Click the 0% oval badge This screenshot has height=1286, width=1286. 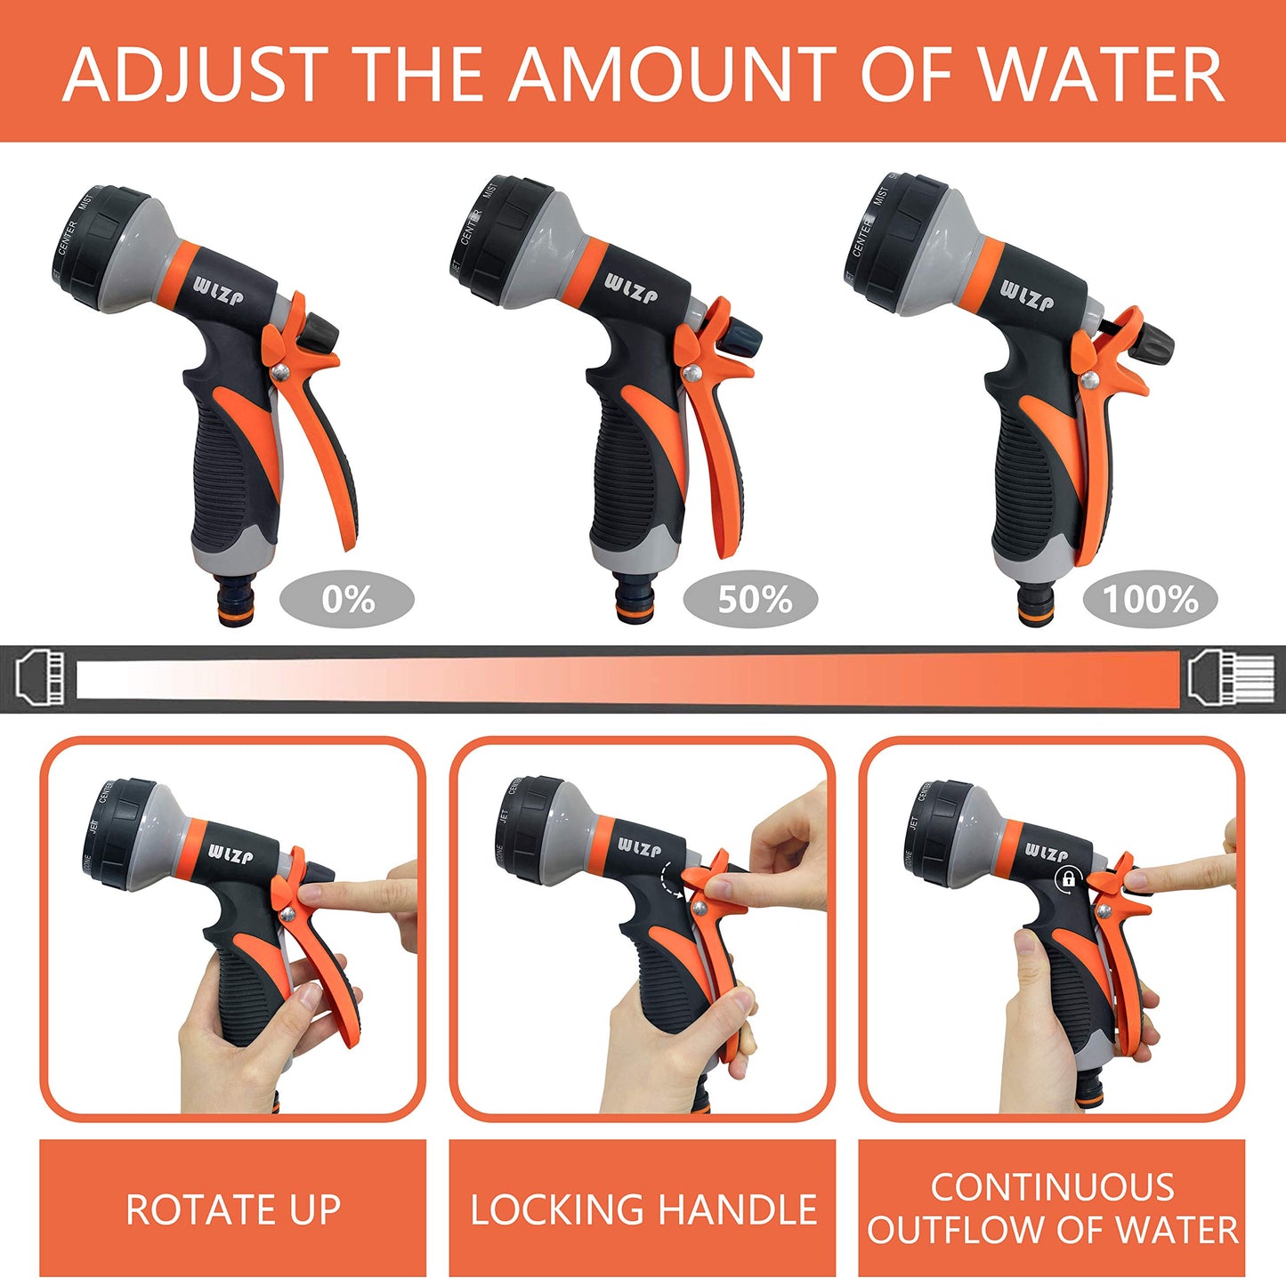point(347,600)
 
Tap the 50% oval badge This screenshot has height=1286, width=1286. point(750,600)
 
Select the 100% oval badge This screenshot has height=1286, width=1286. point(1150,600)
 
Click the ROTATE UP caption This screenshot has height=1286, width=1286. point(233,1209)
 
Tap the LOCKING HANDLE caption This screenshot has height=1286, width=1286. point(643,1209)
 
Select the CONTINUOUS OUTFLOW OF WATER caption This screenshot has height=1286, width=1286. point(1052,1209)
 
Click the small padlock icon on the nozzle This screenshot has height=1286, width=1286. point(1066,880)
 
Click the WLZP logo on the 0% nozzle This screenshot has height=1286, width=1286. point(218,292)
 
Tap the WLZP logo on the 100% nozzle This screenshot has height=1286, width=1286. point(1026,295)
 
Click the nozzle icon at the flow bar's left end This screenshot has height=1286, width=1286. point(40,678)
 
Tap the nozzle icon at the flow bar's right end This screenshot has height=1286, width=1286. point(1232,678)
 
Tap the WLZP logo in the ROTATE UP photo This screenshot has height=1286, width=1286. point(231,853)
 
